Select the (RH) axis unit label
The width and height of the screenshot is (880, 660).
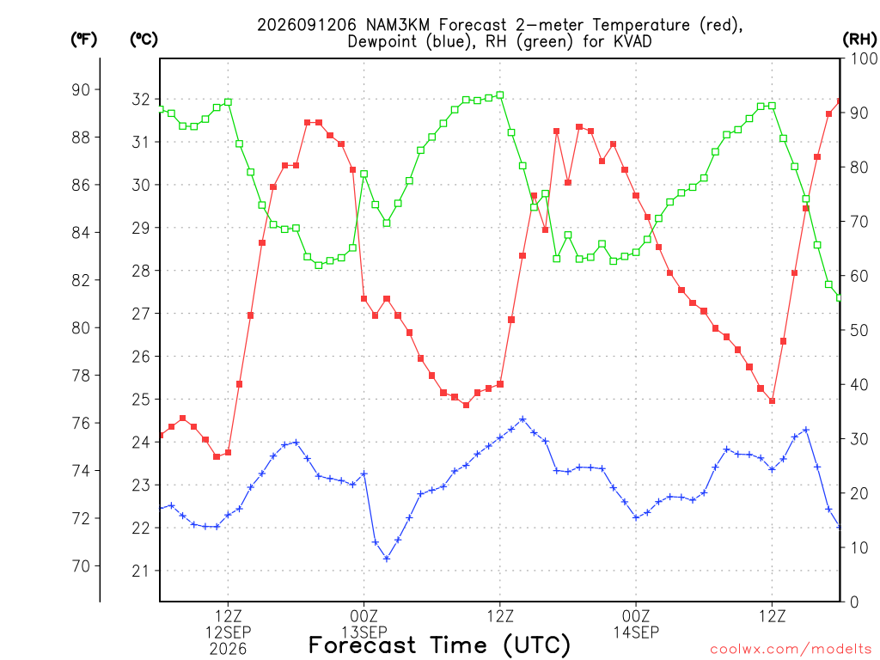859,39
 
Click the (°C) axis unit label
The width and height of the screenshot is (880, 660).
144,39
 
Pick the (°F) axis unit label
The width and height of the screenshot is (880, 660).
83,39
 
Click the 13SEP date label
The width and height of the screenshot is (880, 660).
364,632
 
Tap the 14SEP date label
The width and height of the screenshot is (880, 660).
636,632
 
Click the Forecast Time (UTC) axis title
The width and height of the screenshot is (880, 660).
439,645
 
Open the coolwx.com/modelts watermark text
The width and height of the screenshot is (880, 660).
791,650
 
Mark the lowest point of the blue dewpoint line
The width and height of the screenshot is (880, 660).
386,559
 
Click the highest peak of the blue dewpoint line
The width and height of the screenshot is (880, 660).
522,419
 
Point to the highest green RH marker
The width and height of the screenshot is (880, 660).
500,95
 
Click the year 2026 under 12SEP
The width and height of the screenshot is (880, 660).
228,650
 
